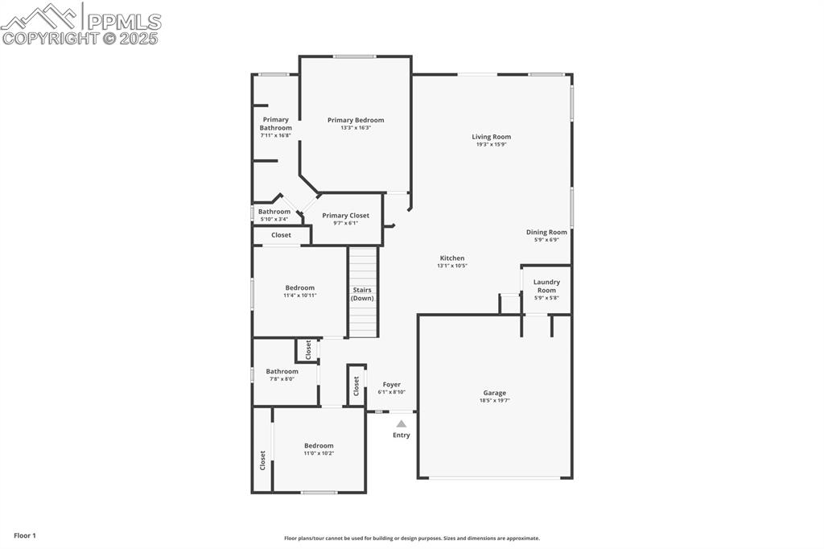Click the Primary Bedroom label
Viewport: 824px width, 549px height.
356,120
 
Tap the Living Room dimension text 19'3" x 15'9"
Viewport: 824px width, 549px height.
491,145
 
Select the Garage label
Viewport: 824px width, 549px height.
494,393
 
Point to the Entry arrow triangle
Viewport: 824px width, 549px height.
401,423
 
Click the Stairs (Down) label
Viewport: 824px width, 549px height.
362,294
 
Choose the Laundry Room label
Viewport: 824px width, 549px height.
546,286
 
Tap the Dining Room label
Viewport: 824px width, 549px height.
546,232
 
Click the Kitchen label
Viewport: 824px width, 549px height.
451,258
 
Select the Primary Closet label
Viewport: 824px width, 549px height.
346,215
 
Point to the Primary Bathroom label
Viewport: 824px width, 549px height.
275,123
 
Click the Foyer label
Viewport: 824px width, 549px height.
391,384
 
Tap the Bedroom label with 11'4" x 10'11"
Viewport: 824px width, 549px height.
299,287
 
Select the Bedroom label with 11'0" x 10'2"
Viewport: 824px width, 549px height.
319,445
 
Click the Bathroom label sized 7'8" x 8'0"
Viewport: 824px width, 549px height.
282,371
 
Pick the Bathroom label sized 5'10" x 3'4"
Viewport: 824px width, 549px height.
274,211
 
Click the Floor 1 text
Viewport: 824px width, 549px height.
25,535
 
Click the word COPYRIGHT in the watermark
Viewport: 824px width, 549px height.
50,38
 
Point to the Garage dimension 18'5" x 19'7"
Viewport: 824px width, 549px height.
494,400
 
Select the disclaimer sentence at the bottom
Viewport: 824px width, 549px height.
411,539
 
